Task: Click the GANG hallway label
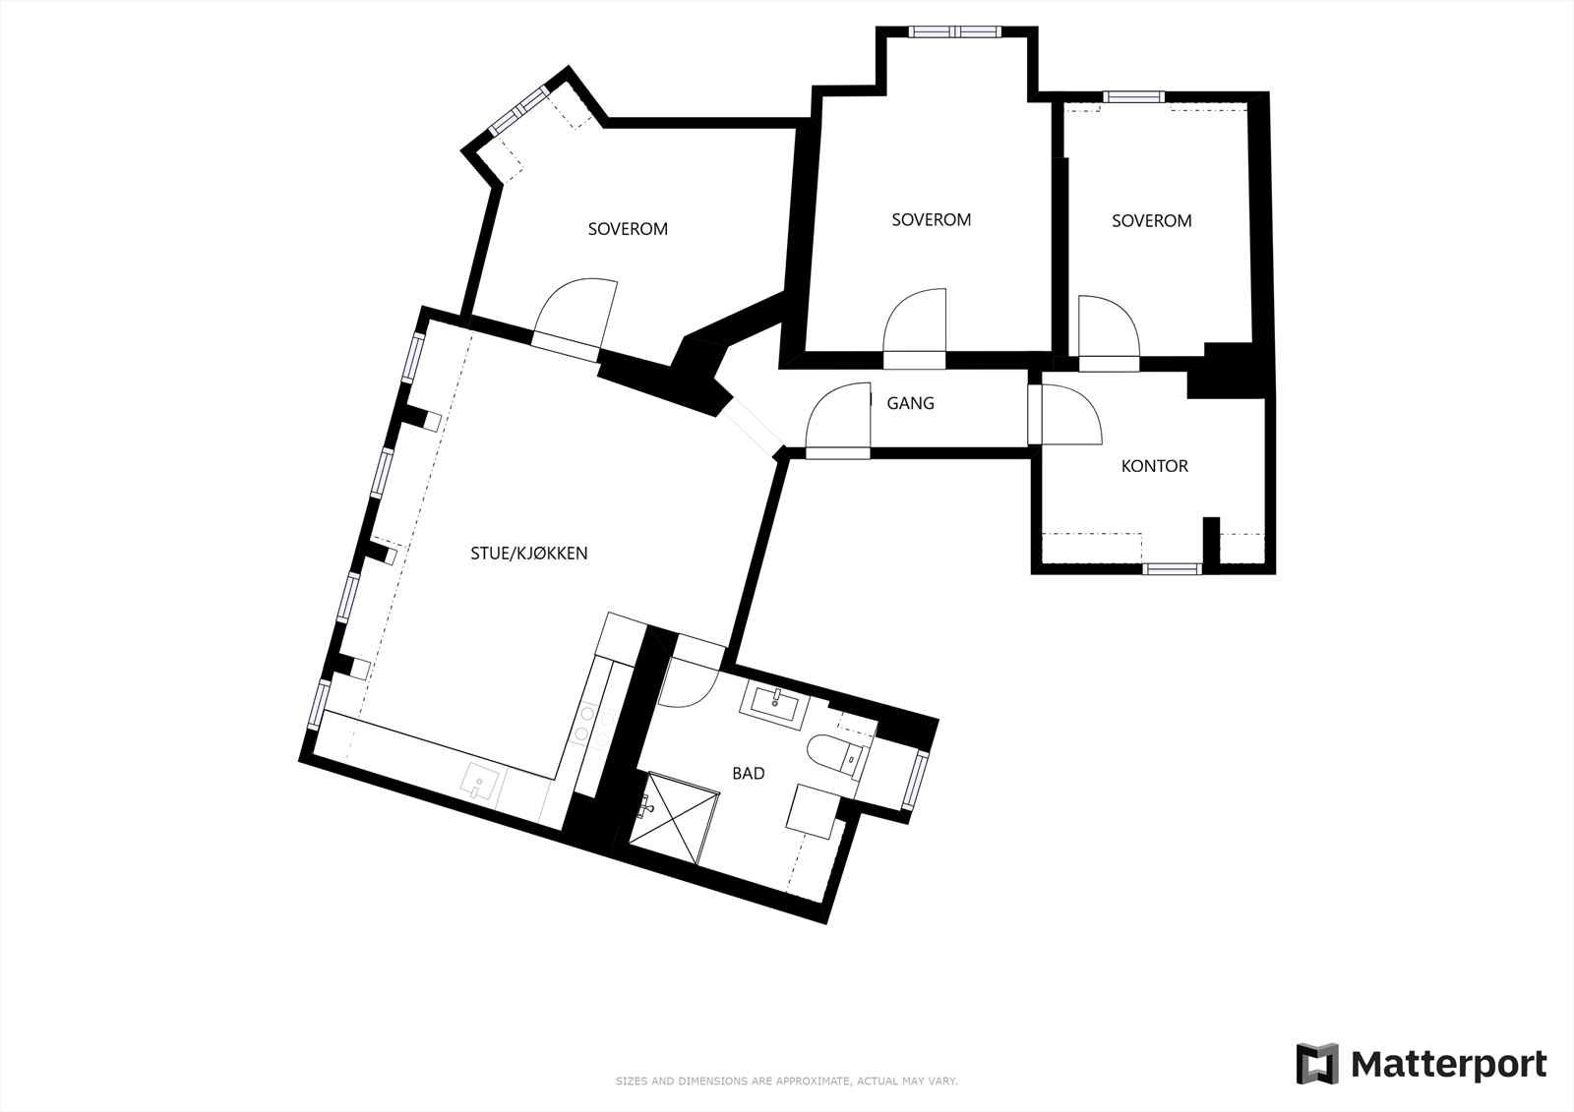pos(910,403)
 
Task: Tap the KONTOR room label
pos(1154,466)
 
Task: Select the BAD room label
pos(748,774)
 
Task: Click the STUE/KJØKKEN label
pos(528,554)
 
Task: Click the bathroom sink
pos(777,701)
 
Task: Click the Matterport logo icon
pos(1316,1064)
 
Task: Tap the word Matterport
pos(1448,1064)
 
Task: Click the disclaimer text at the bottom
pos(786,1082)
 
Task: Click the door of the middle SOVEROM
pos(915,324)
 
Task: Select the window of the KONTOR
pos(1173,568)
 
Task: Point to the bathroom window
pos(919,779)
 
